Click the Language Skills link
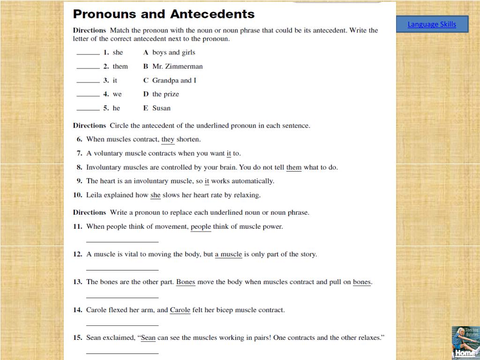pyautogui.click(x=432, y=24)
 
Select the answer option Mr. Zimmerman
pyautogui.click(x=177, y=67)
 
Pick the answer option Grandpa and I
pyautogui.click(x=174, y=81)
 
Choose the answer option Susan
pyautogui.click(x=161, y=108)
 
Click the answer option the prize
pyautogui.click(x=165, y=94)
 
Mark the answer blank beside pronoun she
pyautogui.click(x=88, y=54)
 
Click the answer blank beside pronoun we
pyautogui.click(x=88, y=96)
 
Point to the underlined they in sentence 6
pyautogui.click(x=168, y=140)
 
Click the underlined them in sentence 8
pyautogui.click(x=294, y=167)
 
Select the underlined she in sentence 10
pyautogui.click(x=155, y=195)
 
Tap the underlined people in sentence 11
pyautogui.click(x=201, y=227)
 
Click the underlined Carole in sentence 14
pyautogui.click(x=180, y=310)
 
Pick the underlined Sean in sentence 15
pyautogui.click(x=148, y=338)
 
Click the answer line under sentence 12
pyautogui.click(x=122, y=270)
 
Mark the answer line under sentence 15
pyautogui.click(x=122, y=353)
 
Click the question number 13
pyautogui.click(x=77, y=282)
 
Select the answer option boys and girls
pyautogui.click(x=173, y=52)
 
